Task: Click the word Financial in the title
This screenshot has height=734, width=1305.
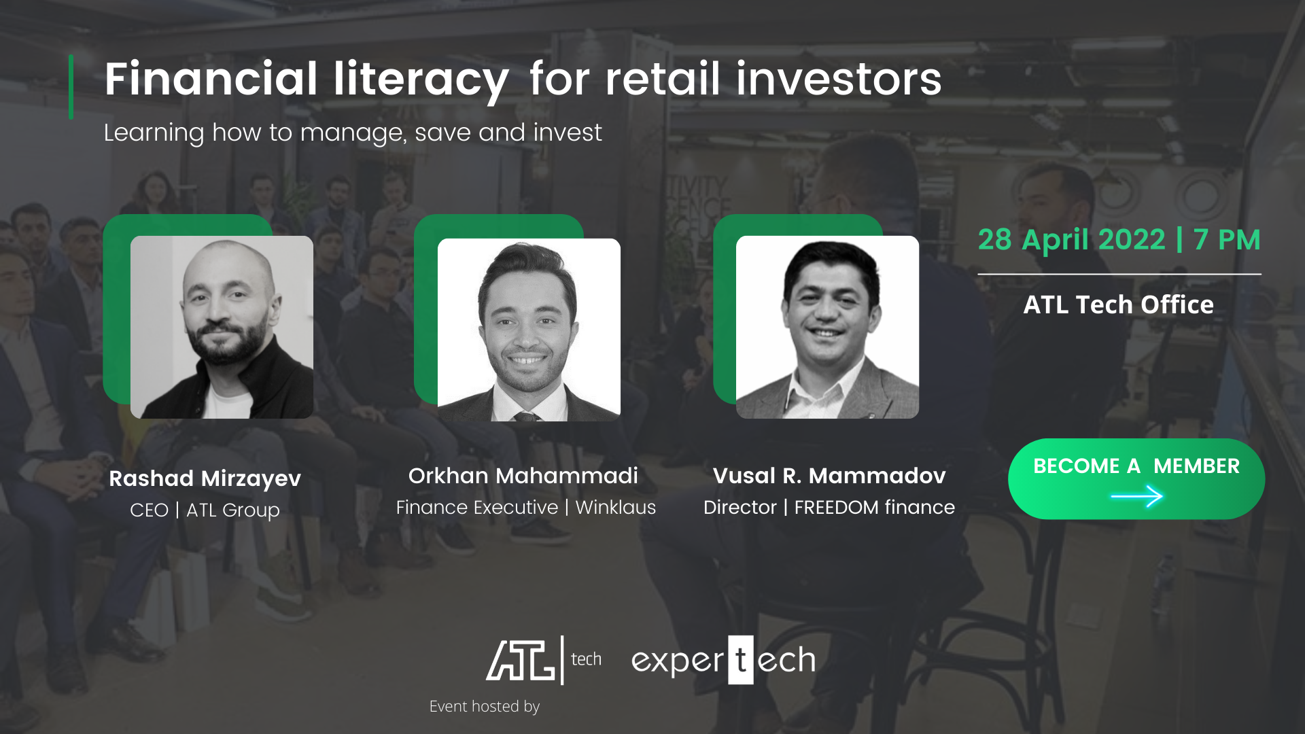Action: click(211, 79)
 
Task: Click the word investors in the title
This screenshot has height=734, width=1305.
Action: click(839, 79)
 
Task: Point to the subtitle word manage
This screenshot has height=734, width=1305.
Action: click(353, 133)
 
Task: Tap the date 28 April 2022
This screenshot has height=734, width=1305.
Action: click(1071, 240)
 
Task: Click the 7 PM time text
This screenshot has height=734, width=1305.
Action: click(1227, 240)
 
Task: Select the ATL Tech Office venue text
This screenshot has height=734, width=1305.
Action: click(1119, 304)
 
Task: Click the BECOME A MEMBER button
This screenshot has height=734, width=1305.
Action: click(1136, 479)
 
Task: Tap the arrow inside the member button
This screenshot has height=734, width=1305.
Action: click(1136, 497)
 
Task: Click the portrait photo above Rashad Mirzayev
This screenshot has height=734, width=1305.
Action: click(222, 327)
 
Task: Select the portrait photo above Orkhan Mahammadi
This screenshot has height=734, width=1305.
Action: click(529, 330)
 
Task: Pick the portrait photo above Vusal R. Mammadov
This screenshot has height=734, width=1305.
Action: click(827, 327)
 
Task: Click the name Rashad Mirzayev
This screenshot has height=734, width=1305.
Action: click(205, 479)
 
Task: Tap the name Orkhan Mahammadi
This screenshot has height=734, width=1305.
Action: click(523, 476)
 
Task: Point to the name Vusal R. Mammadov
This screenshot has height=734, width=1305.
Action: click(829, 476)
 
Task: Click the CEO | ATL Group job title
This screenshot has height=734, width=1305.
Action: click(205, 510)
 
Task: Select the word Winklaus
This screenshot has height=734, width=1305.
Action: click(616, 508)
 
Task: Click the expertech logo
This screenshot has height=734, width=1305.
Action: click(723, 660)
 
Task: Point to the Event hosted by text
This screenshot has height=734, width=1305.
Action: click(485, 707)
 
